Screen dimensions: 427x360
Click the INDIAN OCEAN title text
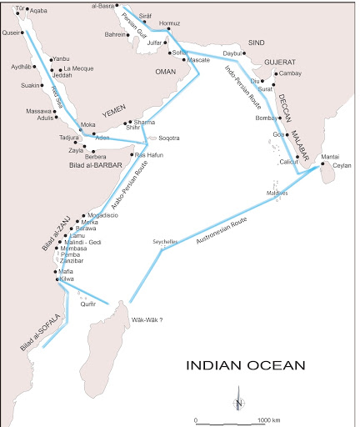(x=245, y=365)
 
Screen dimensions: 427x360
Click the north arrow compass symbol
(x=238, y=400)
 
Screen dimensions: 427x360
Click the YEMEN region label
(x=112, y=110)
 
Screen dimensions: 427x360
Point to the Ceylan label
(x=342, y=165)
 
